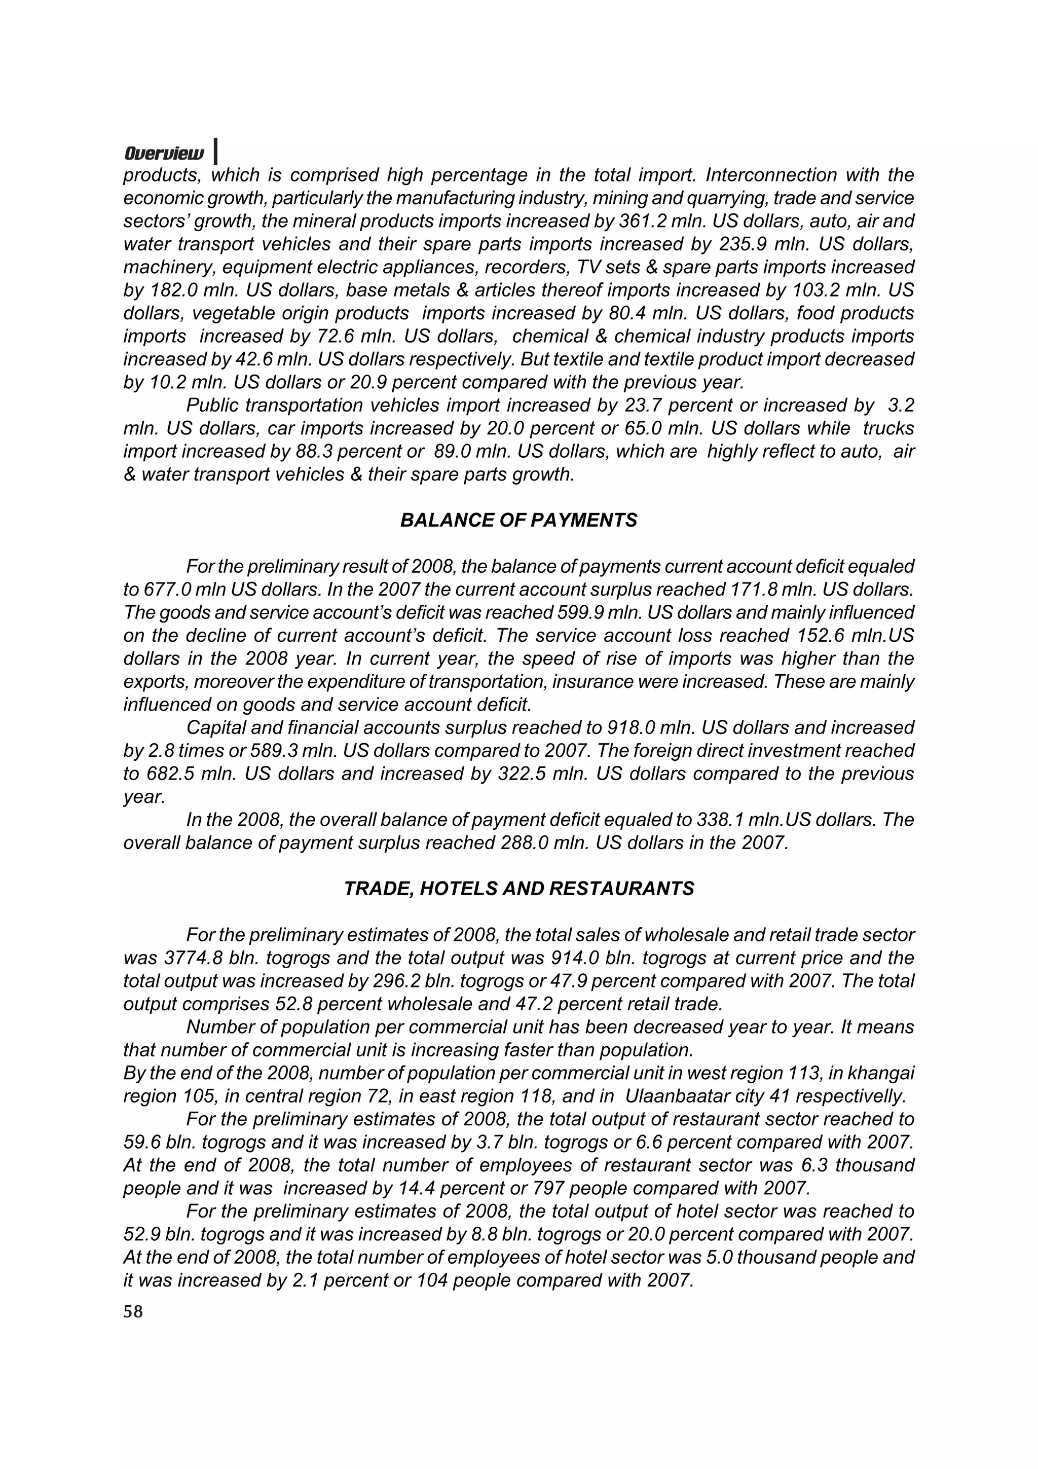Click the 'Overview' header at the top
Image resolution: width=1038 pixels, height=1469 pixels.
pyautogui.click(x=164, y=154)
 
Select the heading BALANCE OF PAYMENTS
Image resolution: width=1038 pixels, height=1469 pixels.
pyautogui.click(x=518, y=520)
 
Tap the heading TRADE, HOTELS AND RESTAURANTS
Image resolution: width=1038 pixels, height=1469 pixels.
pyautogui.click(x=518, y=889)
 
